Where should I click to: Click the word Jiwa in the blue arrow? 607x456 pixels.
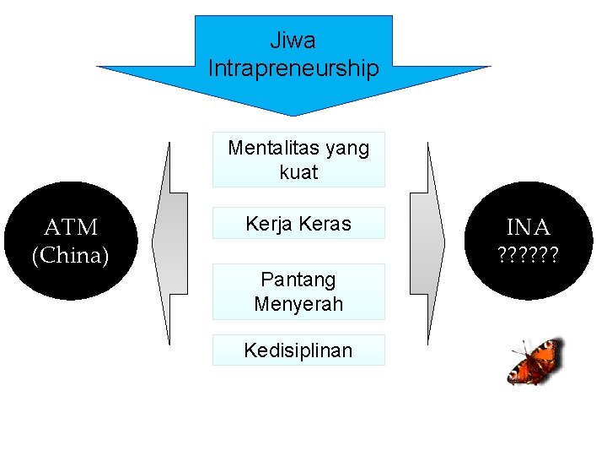293,40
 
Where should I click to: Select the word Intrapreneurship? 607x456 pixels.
293,68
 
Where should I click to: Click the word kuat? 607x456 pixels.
298,172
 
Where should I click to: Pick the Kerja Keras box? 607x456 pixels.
298,224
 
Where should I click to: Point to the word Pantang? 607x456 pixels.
298,280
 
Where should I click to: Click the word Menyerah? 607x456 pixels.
298,304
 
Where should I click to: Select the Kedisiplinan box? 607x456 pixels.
298,350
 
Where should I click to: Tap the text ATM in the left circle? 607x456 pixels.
71,227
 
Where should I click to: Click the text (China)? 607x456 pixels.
71,255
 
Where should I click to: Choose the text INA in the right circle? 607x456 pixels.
529,227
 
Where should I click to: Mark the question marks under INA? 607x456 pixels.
529,253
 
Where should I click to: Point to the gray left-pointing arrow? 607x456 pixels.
169,243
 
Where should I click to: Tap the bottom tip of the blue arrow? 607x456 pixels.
293,113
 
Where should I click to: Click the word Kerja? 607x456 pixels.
266,224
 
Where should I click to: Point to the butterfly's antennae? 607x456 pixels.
520,348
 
